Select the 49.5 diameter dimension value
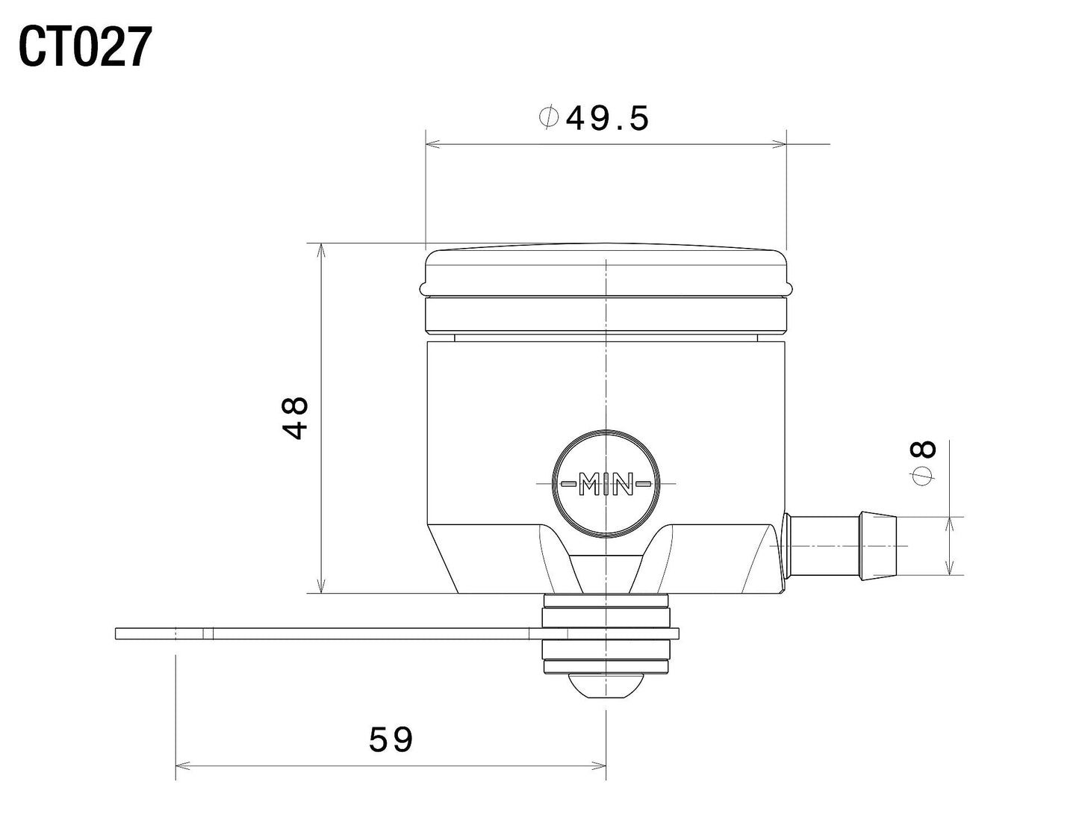(607, 118)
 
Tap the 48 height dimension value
(296, 418)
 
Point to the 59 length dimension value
(391, 740)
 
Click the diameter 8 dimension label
(924, 463)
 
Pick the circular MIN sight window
(606, 483)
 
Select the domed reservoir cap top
(606, 265)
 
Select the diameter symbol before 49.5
(549, 118)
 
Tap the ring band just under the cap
(606, 314)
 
